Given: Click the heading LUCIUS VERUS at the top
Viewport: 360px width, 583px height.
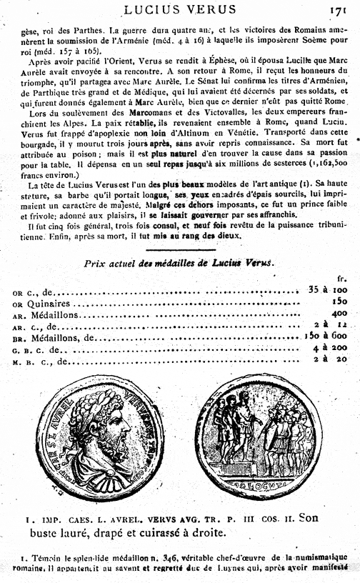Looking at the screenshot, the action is (180, 9).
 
